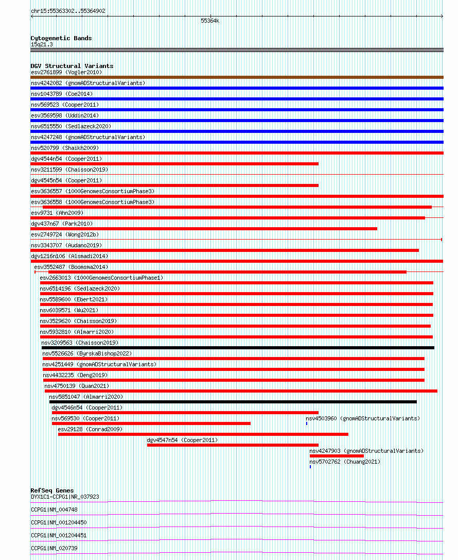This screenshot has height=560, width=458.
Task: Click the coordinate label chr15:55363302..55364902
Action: click(68, 11)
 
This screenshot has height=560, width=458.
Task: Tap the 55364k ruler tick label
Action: click(210, 21)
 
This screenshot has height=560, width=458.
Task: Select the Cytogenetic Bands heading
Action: click(61, 38)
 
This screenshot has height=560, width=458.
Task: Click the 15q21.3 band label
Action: click(41, 44)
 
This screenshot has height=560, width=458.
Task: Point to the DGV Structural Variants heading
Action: click(72, 66)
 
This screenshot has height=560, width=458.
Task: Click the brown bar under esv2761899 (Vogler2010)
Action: click(237, 77)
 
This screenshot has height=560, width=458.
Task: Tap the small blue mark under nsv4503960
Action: click(307, 423)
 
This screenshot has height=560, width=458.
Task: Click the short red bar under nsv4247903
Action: click(337, 456)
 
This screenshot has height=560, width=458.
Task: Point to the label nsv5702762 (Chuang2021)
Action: click(345, 462)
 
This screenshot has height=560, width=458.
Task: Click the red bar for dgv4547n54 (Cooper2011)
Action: click(233, 445)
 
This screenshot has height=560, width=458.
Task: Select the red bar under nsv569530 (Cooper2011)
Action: click(151, 423)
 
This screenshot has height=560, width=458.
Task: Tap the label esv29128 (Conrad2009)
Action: click(90, 429)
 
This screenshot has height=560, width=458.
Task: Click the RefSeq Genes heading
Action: click(52, 490)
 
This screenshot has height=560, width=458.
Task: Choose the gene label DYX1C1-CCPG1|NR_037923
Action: click(65, 497)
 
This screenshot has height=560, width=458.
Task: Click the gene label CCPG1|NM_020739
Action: click(54, 548)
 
